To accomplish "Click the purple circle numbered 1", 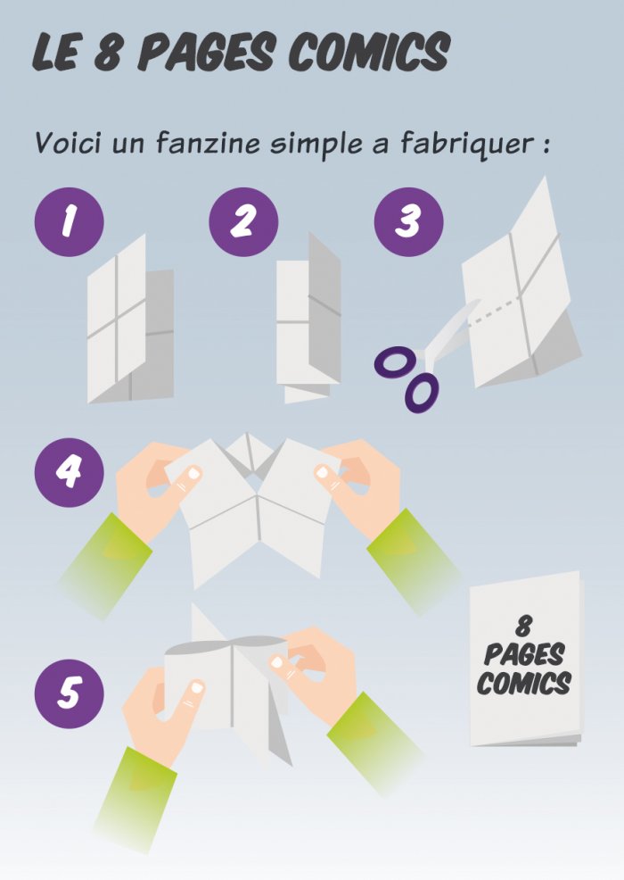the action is click(69, 221).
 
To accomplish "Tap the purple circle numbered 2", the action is click(243, 221).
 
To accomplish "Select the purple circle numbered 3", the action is click(408, 221).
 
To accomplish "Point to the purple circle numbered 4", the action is click(69, 472).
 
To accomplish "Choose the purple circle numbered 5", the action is click(69, 693).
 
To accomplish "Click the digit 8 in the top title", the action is click(107, 52).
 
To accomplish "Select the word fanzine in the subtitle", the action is click(208, 143).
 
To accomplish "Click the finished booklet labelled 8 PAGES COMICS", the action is click(526, 659).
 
